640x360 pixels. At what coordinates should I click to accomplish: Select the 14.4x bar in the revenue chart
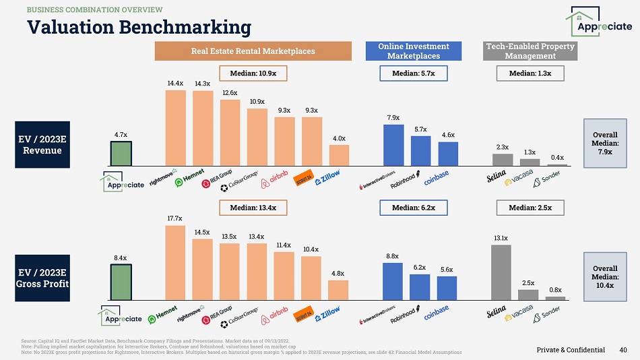click(x=175, y=127)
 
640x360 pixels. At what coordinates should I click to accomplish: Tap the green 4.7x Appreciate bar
click(x=121, y=153)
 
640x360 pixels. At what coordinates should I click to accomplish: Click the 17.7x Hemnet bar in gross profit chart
click(x=175, y=262)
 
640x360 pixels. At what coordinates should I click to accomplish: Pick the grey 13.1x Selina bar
click(x=501, y=272)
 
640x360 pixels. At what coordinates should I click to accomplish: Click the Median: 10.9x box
click(x=253, y=73)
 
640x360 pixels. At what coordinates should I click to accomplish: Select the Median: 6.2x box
click(x=414, y=208)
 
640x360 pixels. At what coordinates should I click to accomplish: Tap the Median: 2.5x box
click(x=530, y=208)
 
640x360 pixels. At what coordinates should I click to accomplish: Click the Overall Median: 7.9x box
click(x=605, y=142)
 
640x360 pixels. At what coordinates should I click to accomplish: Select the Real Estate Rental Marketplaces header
click(x=253, y=51)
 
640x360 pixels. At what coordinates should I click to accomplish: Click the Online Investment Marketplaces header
click(x=414, y=51)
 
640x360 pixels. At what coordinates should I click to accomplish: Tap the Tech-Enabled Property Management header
click(x=530, y=51)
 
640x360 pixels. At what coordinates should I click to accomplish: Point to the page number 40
click(x=623, y=349)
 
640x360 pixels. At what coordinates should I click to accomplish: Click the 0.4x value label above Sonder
click(x=557, y=157)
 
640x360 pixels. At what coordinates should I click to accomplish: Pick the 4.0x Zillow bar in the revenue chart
click(x=339, y=154)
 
